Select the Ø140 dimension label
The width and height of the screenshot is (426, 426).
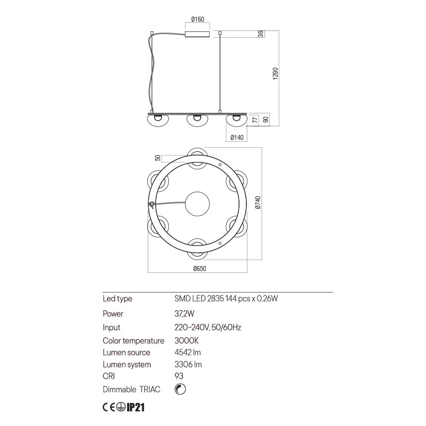(237, 138)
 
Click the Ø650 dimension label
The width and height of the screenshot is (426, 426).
(199, 268)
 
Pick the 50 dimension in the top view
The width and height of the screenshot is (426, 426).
(158, 158)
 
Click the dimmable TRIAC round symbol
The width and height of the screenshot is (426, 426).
(180, 389)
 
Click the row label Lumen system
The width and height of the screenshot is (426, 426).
(127, 365)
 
